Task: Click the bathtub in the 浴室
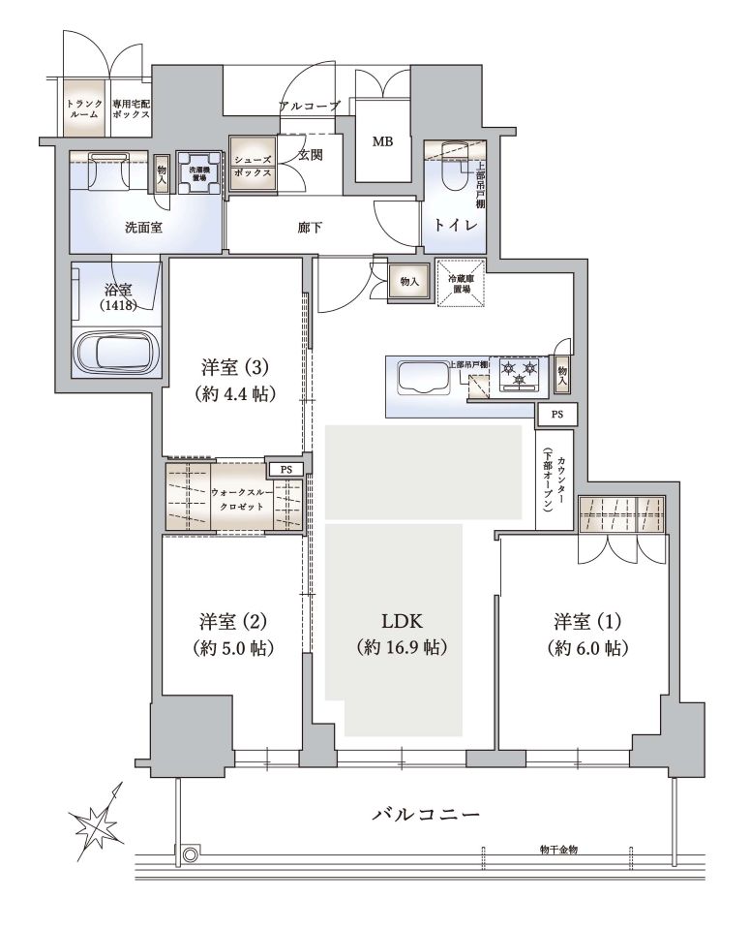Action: pyautogui.click(x=117, y=352)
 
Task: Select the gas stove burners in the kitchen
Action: pyautogui.click(x=520, y=374)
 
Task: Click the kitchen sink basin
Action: pyautogui.click(x=422, y=378)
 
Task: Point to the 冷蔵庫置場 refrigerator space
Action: pyautogui.click(x=462, y=283)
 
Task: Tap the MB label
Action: pyautogui.click(x=382, y=142)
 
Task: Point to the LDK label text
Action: pyautogui.click(x=402, y=621)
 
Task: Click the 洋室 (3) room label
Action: pyautogui.click(x=235, y=368)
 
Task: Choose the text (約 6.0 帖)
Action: pyautogui.click(x=587, y=648)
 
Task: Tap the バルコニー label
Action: pyautogui.click(x=426, y=814)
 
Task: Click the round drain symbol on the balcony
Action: pyautogui.click(x=190, y=854)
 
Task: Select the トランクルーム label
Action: pyautogui.click(x=84, y=109)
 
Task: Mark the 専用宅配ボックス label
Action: pyautogui.click(x=131, y=109)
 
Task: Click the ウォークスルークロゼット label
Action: pyautogui.click(x=242, y=500)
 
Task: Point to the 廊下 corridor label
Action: pyautogui.click(x=310, y=227)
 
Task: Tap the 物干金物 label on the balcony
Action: pyautogui.click(x=558, y=850)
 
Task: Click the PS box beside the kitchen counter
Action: pyautogui.click(x=556, y=415)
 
